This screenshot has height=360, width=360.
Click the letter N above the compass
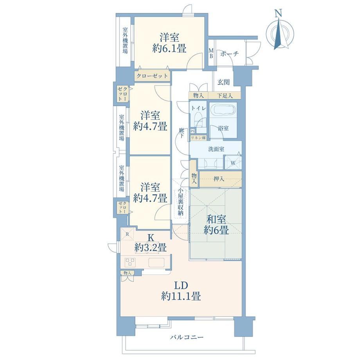[279, 14]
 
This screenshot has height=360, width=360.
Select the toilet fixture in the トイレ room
[198, 121]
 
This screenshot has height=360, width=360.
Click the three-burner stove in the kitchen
[130, 262]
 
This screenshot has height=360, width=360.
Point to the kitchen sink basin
[157, 262]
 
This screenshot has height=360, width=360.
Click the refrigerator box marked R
[127, 234]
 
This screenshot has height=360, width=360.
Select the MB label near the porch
[211, 53]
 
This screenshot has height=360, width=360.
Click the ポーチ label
[230, 54]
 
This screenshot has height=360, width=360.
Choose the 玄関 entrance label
[223, 82]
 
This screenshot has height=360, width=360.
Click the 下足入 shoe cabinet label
[225, 96]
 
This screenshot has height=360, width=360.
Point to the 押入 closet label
[219, 178]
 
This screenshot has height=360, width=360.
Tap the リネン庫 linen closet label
[198, 138]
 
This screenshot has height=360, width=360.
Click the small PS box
[193, 131]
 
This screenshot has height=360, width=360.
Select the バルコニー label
[187, 337]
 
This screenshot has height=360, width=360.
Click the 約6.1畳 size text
[169, 49]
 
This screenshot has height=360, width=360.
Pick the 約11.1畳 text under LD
[181, 296]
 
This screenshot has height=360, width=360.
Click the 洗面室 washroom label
[216, 149]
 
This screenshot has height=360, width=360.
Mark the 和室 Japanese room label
[216, 220]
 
